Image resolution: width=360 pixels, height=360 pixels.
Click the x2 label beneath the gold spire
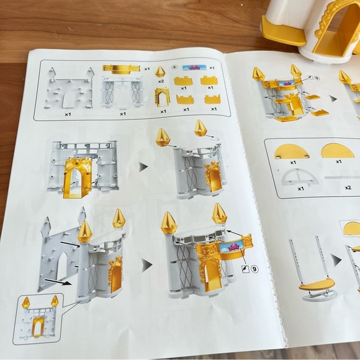[161, 81]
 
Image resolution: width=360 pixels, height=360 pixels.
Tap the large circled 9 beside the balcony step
[254, 269]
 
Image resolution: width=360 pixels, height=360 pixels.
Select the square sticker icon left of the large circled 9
[246, 269]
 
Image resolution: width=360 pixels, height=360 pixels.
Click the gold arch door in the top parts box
[163, 97]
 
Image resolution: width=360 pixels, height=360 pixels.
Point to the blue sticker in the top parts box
[194, 68]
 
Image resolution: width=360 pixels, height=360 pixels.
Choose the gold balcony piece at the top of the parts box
[121, 69]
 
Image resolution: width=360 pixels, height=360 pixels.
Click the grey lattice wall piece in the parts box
[123, 92]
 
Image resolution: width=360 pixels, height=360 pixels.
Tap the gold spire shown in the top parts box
[160, 72]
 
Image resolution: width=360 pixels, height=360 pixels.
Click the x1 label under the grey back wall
[68, 114]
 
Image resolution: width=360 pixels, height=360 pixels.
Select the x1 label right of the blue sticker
[212, 68]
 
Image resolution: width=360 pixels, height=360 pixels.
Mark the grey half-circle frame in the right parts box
[300, 177]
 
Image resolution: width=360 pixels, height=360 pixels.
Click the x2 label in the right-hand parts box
[348, 187]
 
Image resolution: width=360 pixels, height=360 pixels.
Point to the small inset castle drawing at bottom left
[38, 318]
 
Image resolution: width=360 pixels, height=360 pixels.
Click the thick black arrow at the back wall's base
[58, 282]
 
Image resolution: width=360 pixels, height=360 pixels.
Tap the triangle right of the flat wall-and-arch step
[143, 167]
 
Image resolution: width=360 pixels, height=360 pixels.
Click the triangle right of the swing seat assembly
[336, 260]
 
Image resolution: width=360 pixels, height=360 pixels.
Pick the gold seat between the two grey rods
[317, 284]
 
